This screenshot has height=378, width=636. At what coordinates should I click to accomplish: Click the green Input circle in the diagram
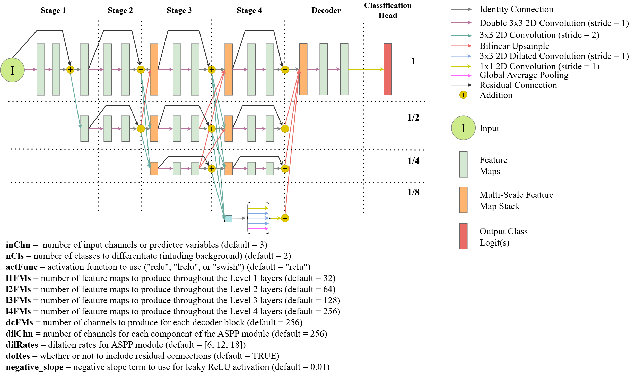coord(12,70)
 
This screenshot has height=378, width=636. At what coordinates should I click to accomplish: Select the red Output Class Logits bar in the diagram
coord(388,69)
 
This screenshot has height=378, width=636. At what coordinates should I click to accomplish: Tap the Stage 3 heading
coord(179,10)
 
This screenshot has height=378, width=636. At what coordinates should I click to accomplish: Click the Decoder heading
coord(326,10)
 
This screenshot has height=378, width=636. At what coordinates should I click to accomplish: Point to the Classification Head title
coord(388,10)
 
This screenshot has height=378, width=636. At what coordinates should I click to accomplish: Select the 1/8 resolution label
coord(413,192)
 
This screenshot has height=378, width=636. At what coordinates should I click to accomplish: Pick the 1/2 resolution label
coord(413,118)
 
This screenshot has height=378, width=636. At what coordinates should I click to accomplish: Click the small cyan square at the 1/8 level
coord(228,219)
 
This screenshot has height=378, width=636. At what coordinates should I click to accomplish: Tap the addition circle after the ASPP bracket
coord(285,218)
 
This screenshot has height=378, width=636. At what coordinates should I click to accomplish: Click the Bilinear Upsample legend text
coord(514,46)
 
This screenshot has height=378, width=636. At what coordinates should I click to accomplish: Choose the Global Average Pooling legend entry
coord(524,75)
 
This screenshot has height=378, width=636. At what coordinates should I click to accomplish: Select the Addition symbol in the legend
coord(463,95)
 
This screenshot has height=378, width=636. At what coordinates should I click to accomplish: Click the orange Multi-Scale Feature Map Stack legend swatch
coord(463,200)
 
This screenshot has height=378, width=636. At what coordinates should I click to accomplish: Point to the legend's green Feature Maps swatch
coord(463,164)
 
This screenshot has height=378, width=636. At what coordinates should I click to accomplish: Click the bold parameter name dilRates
coord(22,345)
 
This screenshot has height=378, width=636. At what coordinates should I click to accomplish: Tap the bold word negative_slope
coord(34,367)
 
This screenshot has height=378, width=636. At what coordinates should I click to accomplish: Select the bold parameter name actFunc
coord(22,267)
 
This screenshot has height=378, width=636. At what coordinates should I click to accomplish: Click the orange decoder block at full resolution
coord(303,69)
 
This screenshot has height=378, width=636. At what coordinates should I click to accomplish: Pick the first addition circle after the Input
coord(70,69)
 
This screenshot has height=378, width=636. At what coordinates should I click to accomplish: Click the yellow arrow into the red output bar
coord(365,69)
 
